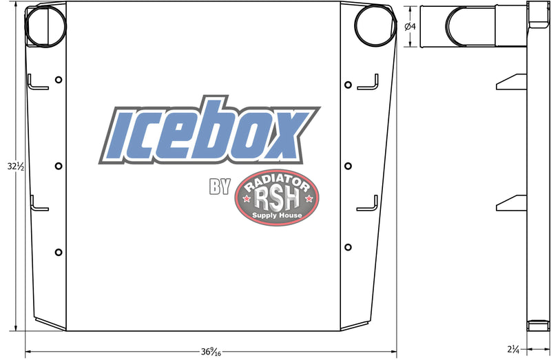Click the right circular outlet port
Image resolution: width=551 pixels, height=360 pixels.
click(374, 25)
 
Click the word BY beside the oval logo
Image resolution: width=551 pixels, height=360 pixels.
click(219, 188)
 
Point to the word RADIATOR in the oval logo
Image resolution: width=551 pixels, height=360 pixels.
click(277, 180)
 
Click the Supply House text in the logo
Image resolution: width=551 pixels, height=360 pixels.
click(277, 215)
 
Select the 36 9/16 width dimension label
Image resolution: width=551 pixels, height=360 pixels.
click(210, 352)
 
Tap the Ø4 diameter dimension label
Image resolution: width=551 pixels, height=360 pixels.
click(408, 26)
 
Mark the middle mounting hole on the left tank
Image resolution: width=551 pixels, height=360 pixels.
click(59, 166)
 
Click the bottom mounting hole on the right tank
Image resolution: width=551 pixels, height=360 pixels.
click(348, 247)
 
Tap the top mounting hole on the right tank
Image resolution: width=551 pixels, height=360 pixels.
click(348, 85)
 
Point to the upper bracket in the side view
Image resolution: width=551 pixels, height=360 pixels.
click(511, 81)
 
